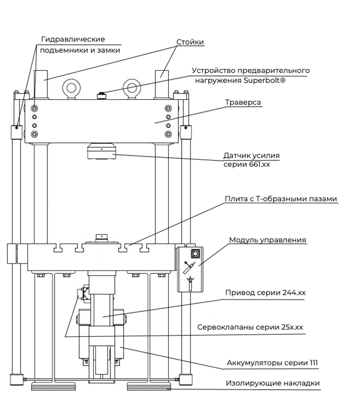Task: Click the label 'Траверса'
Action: pos(243,102)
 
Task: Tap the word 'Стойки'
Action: pos(190,42)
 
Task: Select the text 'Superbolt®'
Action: pos(264,80)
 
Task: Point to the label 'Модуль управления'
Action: pos(267,240)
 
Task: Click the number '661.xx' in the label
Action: pos(260,164)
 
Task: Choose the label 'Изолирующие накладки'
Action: pos(273,383)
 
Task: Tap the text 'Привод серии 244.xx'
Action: pos(265,293)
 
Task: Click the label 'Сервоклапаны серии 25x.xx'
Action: pos(250,327)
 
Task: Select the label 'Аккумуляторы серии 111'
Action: pos(272,363)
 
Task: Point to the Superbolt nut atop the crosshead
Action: pos(102,96)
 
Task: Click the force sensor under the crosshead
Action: pos(101,152)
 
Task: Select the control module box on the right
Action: pos(190,269)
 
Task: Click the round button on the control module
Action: pos(196,254)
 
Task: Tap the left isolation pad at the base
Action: pos(53,386)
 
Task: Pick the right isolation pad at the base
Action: pos(149,386)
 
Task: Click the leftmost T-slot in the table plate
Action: pos(58,248)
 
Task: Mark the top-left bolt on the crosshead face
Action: pos(35,108)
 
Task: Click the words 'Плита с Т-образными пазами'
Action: pos(281,199)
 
